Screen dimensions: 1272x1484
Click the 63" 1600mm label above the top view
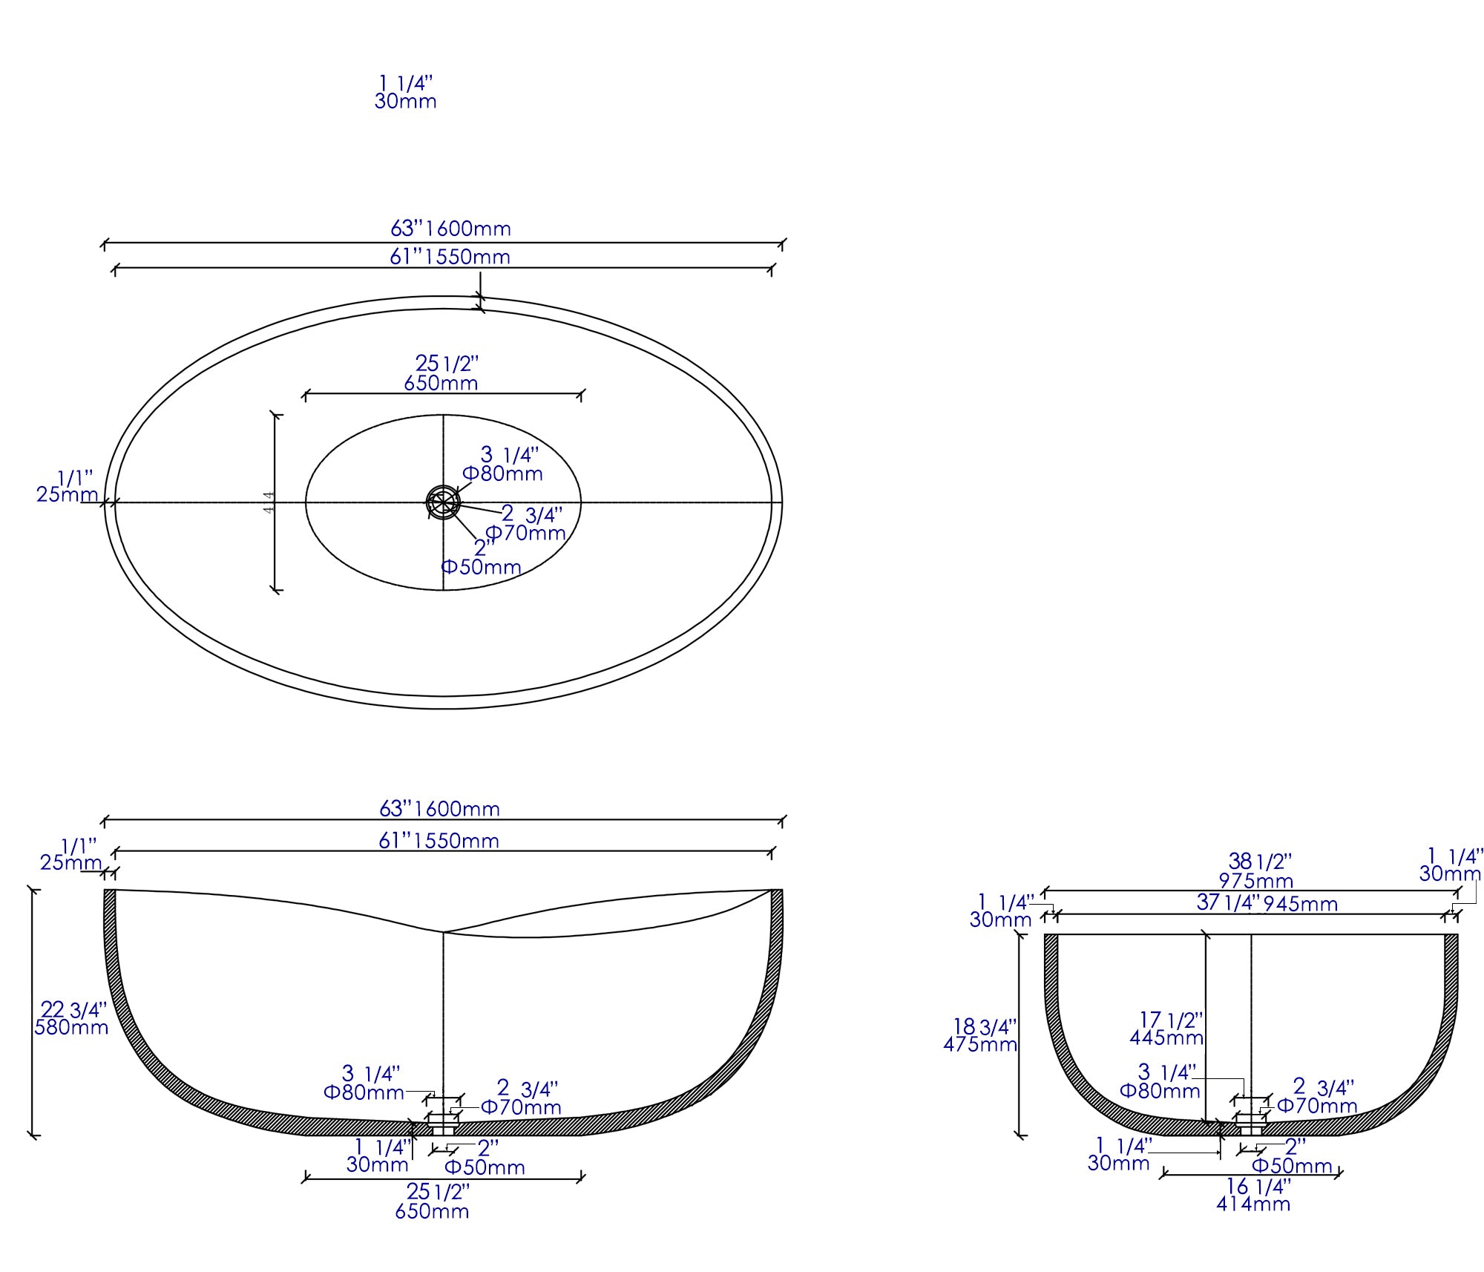[450, 229]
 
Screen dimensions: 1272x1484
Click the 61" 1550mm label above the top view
[450, 257]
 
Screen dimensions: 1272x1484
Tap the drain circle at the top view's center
[443, 502]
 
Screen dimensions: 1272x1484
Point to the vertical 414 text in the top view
[269, 502]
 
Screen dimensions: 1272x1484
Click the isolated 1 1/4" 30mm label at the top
[405, 92]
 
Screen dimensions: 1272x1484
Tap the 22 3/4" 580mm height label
[72, 1018]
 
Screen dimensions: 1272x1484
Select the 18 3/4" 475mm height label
[980, 1035]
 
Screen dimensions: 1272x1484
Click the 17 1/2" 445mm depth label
[1166, 1029]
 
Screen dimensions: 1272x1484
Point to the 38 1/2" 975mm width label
[1255, 871]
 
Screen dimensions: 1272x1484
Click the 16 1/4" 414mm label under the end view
[1253, 1195]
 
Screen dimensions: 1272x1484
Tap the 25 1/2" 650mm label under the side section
[433, 1201]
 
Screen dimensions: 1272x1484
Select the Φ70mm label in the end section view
[1317, 1106]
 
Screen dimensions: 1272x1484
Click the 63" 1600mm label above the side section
[439, 808]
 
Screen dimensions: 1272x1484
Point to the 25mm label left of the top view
[67, 494]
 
